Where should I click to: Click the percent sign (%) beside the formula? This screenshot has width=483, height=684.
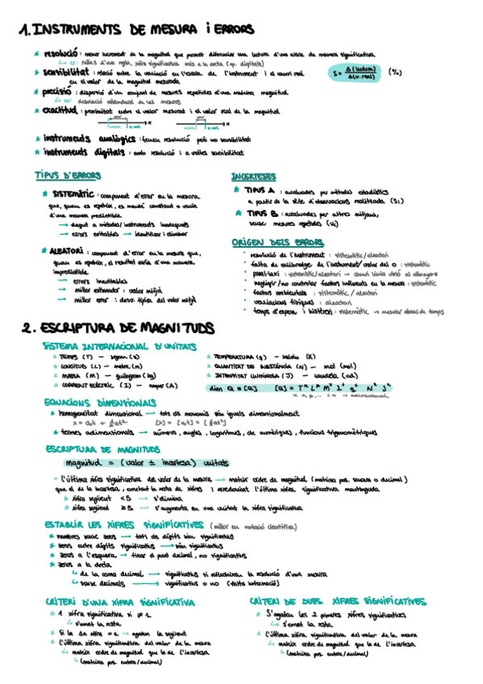pyautogui.click(x=396, y=72)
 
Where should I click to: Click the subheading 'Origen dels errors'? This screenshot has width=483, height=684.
pyautogui.click(x=271, y=242)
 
